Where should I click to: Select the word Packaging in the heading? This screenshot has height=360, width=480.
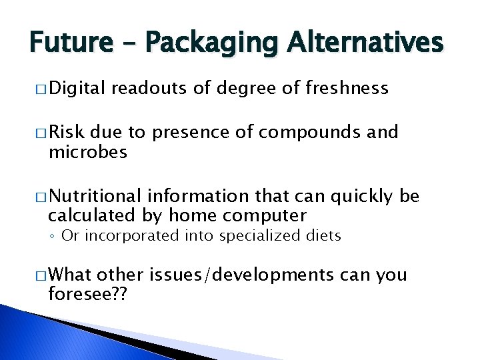[x=209, y=43]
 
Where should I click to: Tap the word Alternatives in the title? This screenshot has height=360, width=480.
[x=365, y=43]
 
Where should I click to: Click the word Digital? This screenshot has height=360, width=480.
[x=77, y=89]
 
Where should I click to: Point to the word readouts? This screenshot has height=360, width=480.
[x=150, y=89]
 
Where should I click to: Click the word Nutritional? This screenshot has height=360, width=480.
[x=95, y=196]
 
